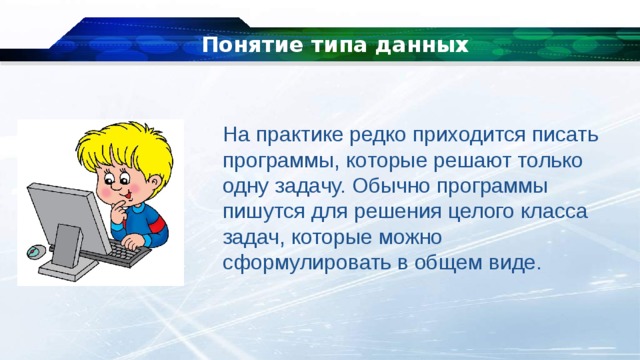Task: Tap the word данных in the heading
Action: (424, 46)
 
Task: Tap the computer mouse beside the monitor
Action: (36, 250)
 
